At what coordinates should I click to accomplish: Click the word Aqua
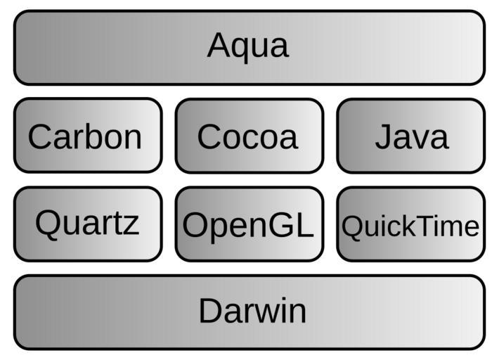(248, 46)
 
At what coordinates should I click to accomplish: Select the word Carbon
(85, 136)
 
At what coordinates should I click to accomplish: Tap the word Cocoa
(247, 136)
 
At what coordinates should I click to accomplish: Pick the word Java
(411, 136)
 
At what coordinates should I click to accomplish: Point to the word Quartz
(87, 224)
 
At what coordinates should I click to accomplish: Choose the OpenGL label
(247, 226)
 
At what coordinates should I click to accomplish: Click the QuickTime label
(410, 226)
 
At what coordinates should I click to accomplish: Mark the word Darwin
(252, 311)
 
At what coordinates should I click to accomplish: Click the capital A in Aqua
(220, 46)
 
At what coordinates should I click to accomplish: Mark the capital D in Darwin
(211, 311)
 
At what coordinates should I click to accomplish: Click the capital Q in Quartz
(48, 224)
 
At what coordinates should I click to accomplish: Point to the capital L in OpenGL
(304, 226)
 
